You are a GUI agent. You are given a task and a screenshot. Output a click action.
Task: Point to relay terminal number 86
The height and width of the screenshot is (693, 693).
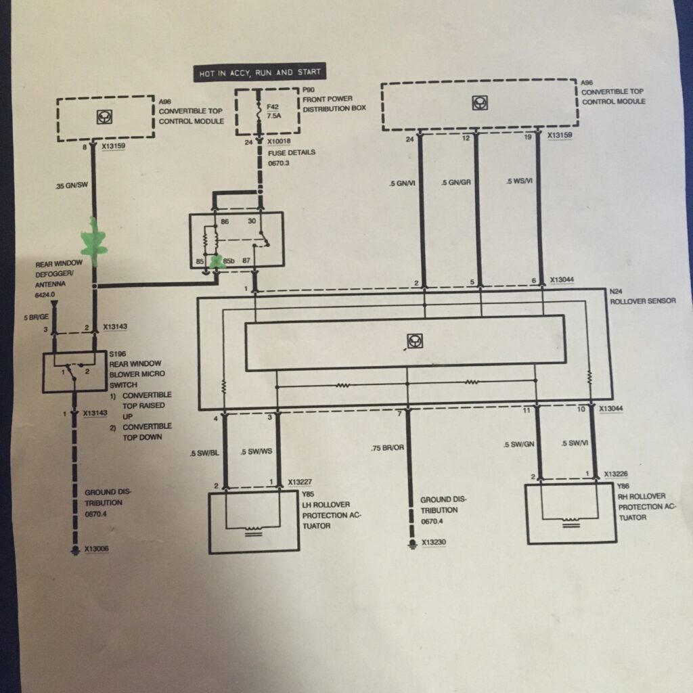[225, 221]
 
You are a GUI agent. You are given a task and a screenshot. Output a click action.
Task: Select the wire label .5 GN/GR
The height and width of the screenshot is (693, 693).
[455, 182]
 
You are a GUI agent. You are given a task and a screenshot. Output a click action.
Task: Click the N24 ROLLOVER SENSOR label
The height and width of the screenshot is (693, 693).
[642, 296]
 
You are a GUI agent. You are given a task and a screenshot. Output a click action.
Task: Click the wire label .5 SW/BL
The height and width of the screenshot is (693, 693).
[204, 452]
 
